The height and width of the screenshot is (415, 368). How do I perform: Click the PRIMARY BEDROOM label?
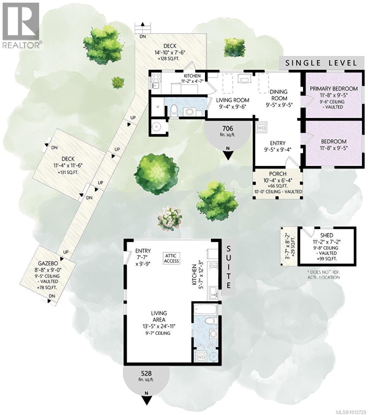click(333, 89)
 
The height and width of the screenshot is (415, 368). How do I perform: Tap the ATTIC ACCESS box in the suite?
click(171, 258)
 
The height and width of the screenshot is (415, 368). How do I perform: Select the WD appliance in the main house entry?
click(261, 128)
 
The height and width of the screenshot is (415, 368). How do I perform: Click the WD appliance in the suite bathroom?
click(201, 357)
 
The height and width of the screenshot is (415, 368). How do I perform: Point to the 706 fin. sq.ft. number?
click(228, 128)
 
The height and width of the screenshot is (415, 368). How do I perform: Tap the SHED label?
click(327, 236)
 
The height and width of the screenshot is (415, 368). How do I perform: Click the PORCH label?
click(277, 174)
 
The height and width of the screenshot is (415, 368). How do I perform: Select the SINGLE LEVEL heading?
click(321, 63)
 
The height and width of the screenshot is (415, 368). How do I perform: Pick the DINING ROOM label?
click(279, 95)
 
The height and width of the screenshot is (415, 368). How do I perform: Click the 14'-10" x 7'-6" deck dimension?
click(170, 53)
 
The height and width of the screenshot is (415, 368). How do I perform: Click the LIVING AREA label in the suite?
click(159, 316)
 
